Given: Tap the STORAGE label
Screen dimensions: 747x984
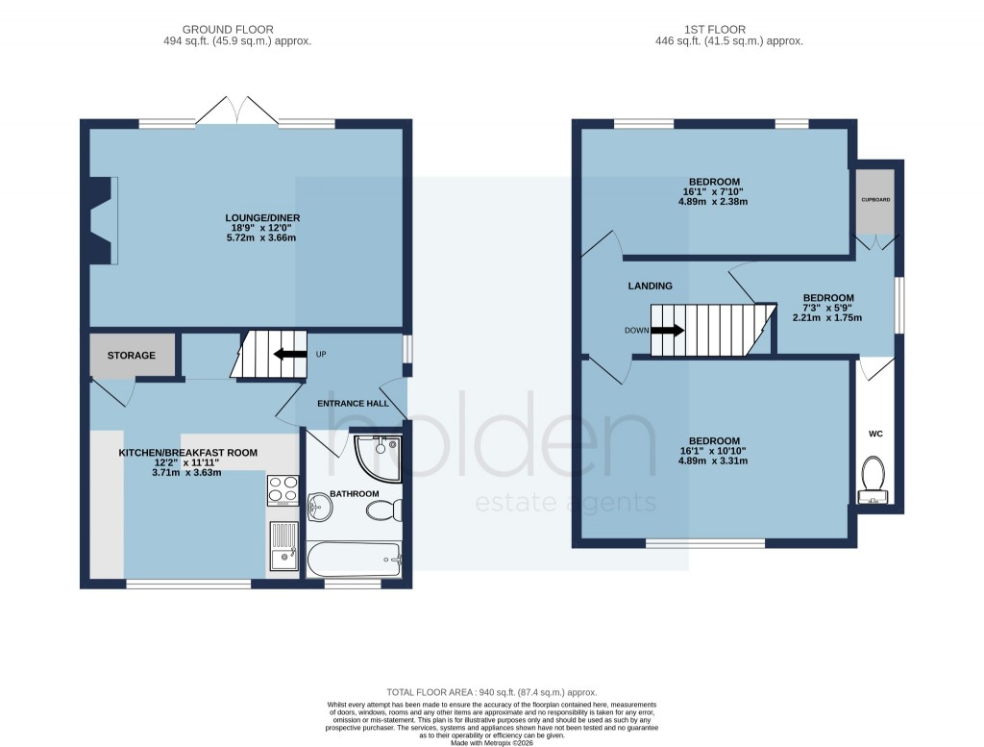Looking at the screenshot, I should (x=132, y=356).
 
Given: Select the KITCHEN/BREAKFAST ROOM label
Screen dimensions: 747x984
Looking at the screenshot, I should (x=187, y=452).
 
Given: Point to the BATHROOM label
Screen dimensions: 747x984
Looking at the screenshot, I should (x=355, y=493).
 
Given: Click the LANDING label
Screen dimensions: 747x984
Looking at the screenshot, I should (x=651, y=286).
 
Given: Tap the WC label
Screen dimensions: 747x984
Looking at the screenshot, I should (x=875, y=435).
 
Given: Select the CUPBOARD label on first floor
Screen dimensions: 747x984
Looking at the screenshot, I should (x=875, y=201).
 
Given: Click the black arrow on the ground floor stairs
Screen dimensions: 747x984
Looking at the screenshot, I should (x=284, y=354).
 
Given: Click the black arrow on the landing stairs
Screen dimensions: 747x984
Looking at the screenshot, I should (x=670, y=330).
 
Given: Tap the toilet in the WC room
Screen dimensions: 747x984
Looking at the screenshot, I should (x=873, y=476).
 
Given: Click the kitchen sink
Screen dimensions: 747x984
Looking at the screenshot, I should (x=283, y=547).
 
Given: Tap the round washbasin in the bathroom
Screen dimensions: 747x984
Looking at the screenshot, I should (x=318, y=506).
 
